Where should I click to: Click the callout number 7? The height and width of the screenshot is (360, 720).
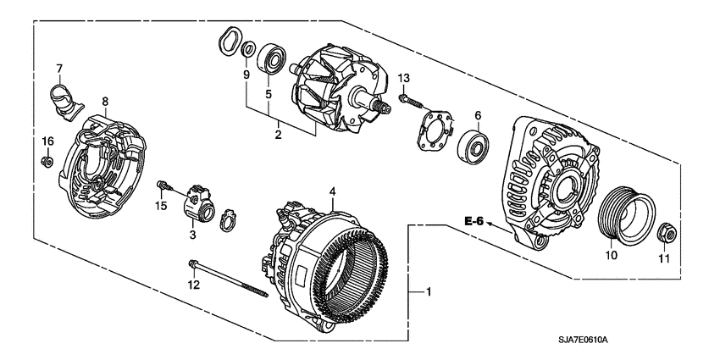59,68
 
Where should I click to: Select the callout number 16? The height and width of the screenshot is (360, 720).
48,140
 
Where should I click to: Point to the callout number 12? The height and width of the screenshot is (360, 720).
193,285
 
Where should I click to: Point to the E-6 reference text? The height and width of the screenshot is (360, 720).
474,221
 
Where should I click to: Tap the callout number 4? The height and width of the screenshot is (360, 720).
333,192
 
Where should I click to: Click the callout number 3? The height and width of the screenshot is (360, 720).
193,234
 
